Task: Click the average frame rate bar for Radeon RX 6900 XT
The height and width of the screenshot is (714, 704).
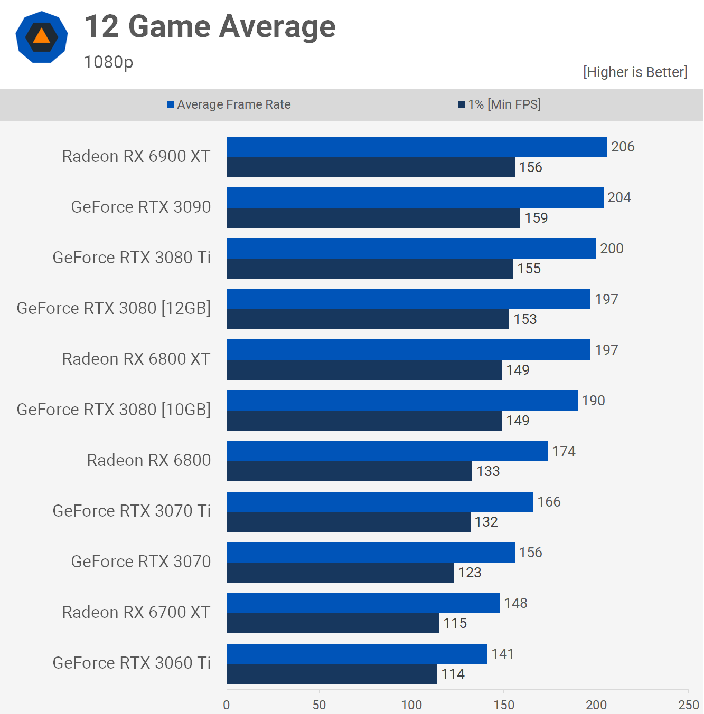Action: coord(417,147)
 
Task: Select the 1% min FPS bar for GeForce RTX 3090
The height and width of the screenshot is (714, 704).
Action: coord(373,218)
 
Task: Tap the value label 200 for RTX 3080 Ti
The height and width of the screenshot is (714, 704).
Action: coord(612,249)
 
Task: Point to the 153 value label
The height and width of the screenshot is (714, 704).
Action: coord(525,319)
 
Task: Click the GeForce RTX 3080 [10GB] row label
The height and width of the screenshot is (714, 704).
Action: coord(114,410)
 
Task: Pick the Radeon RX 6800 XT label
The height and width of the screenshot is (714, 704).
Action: coord(136,359)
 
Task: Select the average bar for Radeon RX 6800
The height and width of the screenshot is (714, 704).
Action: coord(387,451)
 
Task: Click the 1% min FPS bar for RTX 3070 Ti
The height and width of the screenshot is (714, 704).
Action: coord(349,522)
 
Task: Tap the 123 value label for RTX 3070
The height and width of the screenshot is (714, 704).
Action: coord(470,573)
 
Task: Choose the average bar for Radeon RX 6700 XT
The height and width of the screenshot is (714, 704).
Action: coord(363,603)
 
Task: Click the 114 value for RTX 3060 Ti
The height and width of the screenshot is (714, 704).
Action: coord(453,674)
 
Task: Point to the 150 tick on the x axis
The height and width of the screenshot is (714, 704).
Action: coord(504,705)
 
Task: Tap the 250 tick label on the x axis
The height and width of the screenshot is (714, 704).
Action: coord(688,705)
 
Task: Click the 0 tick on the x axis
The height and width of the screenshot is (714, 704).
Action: coord(227,705)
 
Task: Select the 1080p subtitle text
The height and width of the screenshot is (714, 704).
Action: coord(108,62)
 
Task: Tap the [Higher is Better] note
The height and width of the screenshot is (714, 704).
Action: coord(635,72)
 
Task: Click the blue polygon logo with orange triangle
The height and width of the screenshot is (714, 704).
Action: coord(42,37)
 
